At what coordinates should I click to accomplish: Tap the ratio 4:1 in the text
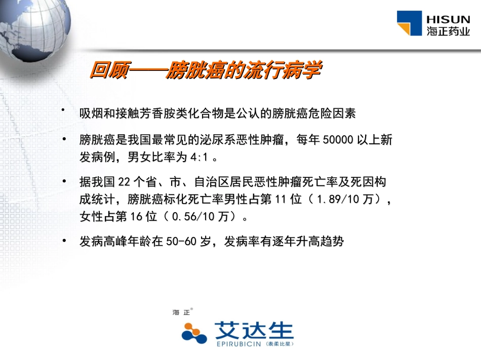coord(199,157)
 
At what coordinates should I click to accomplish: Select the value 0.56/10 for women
coord(193,217)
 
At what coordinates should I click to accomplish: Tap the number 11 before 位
coord(281,199)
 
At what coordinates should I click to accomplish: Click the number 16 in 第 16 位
coord(138,217)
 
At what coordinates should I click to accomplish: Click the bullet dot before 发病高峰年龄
coord(64,240)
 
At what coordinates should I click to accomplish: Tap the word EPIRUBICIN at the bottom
coord(238,344)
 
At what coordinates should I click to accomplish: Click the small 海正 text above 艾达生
coord(181,312)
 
